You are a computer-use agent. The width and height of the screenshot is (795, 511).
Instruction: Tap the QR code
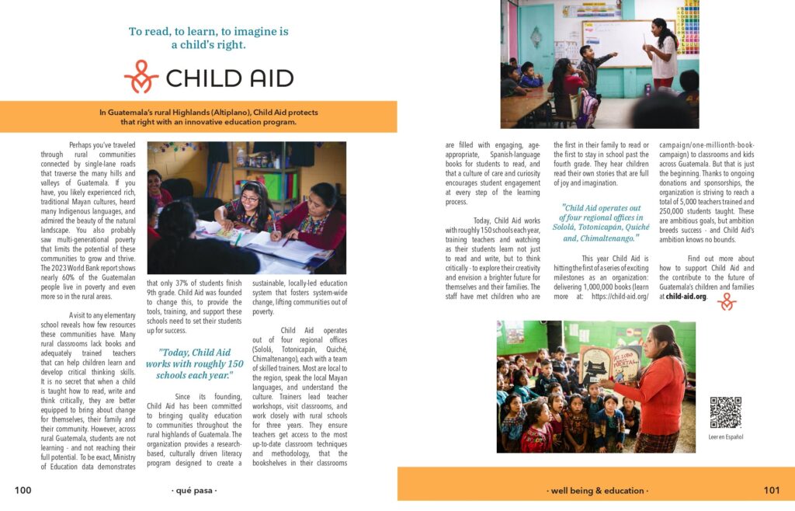coord(725,412)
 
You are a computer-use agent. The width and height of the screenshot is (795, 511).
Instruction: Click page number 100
coord(23,490)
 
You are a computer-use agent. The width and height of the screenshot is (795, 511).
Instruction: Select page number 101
coord(771,490)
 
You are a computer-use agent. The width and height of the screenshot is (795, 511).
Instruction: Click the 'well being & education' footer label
coord(597,491)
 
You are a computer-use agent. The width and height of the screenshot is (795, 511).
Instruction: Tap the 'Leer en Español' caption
coord(726,437)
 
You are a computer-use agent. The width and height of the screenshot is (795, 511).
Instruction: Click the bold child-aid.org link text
coord(686,296)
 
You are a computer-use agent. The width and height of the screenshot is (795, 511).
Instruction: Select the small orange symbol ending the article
coord(727,301)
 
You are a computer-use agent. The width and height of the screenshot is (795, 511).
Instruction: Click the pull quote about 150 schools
coord(194,363)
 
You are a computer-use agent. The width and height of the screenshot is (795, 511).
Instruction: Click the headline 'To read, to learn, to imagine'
coord(208,38)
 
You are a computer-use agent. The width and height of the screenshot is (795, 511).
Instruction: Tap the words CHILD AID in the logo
coord(229,78)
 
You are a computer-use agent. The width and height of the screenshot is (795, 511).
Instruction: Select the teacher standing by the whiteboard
coord(663,54)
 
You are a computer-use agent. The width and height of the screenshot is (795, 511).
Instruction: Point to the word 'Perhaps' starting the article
coord(85,144)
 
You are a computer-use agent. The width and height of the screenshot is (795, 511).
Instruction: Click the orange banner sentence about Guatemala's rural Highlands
coord(208,116)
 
